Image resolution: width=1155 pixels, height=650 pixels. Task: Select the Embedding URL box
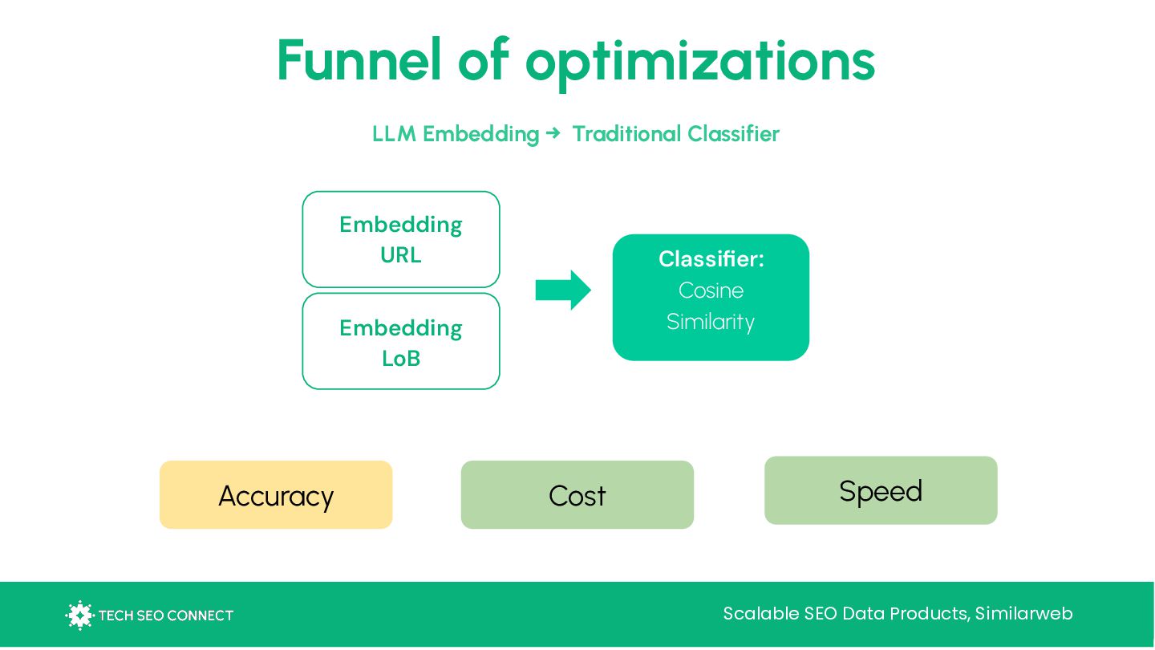tap(401, 239)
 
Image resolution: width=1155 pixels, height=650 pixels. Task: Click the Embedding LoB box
tap(401, 341)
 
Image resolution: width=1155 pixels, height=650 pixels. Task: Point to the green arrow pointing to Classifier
tap(563, 290)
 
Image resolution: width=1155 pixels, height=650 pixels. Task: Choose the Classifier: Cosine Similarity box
tap(711, 297)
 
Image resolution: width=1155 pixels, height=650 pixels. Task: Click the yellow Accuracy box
tap(276, 495)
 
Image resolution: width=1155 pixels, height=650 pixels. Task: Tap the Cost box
tap(577, 495)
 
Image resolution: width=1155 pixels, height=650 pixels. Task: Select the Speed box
tap(881, 490)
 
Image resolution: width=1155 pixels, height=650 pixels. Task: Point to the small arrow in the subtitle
tap(553, 133)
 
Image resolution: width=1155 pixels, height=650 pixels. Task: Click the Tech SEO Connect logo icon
tap(79, 615)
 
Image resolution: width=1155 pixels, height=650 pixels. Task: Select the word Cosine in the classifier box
tap(711, 290)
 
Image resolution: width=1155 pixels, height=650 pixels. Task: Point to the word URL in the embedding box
tap(401, 255)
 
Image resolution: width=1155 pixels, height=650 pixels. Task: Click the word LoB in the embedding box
tap(401, 359)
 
